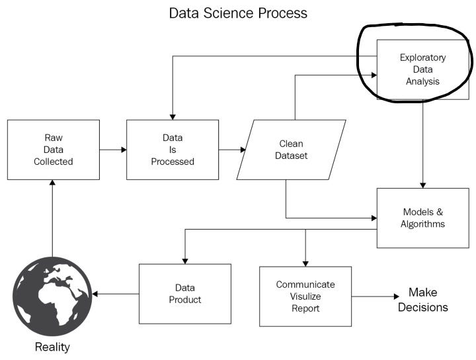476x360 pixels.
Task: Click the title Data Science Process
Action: point(238,13)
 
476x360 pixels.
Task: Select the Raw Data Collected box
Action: point(54,150)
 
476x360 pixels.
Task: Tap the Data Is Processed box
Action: point(173,150)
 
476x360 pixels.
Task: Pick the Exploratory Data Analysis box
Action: point(422,69)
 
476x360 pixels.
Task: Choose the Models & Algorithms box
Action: point(422,218)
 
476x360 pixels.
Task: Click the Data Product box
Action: point(184,293)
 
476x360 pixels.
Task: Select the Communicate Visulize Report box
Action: point(305,296)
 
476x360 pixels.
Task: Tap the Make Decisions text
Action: point(423,300)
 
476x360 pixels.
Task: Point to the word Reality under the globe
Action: point(52,347)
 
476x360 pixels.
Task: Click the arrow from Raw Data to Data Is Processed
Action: point(113,150)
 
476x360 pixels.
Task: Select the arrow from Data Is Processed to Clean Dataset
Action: point(232,150)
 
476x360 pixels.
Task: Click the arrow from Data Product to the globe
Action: point(116,293)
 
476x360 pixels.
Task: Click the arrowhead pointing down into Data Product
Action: point(184,260)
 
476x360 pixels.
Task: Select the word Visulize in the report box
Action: point(305,296)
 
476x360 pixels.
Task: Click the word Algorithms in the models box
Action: point(422,224)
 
